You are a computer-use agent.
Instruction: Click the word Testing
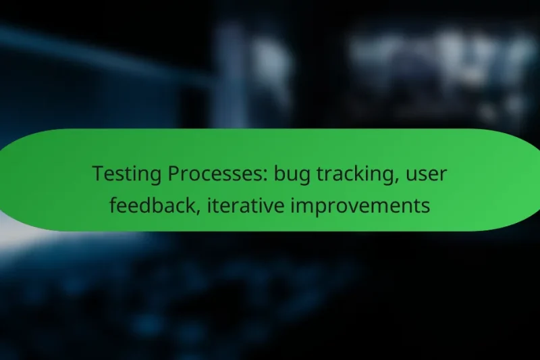click(x=123, y=175)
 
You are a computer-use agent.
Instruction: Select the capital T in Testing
click(x=97, y=174)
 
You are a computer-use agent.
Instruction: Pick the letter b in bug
click(x=277, y=174)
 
